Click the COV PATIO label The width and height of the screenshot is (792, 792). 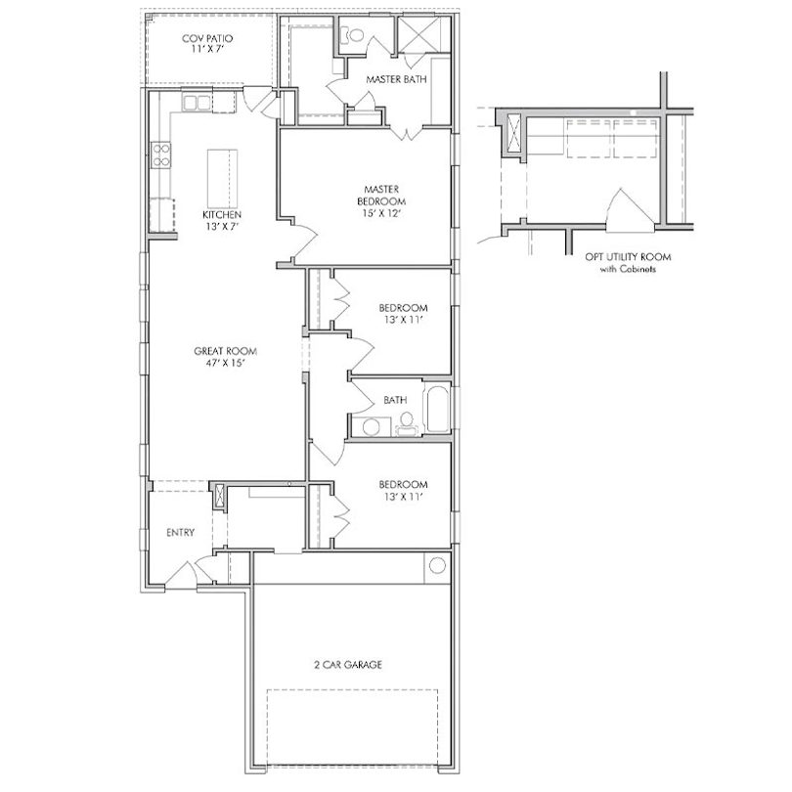[207, 38]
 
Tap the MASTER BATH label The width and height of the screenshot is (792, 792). [396, 79]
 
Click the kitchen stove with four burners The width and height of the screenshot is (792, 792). [161, 155]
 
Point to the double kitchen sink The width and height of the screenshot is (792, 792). [197, 103]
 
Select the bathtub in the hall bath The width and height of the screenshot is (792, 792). [438, 409]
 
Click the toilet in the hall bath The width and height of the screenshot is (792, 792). [406, 423]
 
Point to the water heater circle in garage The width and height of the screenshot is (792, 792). [437, 565]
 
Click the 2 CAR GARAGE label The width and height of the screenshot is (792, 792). [347, 665]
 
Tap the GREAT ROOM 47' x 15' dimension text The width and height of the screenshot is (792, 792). [225, 363]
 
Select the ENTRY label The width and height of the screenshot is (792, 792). [180, 532]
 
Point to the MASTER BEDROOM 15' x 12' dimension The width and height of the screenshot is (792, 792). [381, 213]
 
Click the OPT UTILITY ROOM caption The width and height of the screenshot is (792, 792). [628, 257]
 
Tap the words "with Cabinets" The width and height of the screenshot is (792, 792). [628, 269]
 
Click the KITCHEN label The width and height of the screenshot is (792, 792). [222, 215]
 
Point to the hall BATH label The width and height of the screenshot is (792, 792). [395, 400]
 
